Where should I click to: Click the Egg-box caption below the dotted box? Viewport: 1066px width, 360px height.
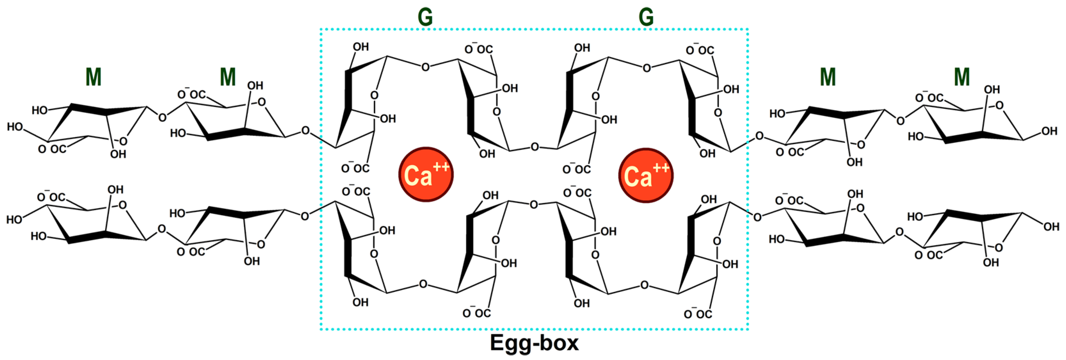[534, 343]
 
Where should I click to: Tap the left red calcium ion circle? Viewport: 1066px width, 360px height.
[425, 174]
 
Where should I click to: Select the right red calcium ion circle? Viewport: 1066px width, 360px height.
[646, 175]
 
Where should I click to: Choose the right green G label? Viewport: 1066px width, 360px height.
[646, 17]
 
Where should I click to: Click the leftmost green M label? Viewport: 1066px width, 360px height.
[93, 77]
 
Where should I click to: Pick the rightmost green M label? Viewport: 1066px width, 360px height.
[962, 77]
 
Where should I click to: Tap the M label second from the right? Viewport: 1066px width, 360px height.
[828, 77]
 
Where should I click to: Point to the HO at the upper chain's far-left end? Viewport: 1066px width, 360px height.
[15, 127]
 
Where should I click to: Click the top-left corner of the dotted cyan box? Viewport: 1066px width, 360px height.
[321, 29]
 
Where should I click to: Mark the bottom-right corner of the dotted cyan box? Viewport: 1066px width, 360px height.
[748, 329]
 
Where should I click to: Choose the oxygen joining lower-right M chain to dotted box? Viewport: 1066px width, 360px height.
[757, 217]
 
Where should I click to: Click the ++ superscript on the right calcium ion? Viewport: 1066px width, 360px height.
[661, 168]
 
